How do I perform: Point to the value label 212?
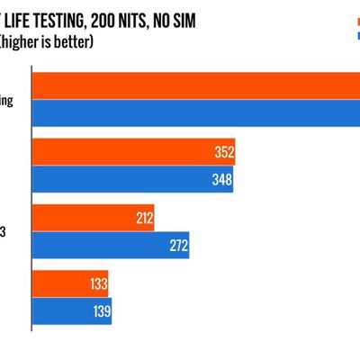(x=142, y=218)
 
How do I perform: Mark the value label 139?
(x=100, y=311)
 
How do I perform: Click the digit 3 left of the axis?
(x=3, y=232)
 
